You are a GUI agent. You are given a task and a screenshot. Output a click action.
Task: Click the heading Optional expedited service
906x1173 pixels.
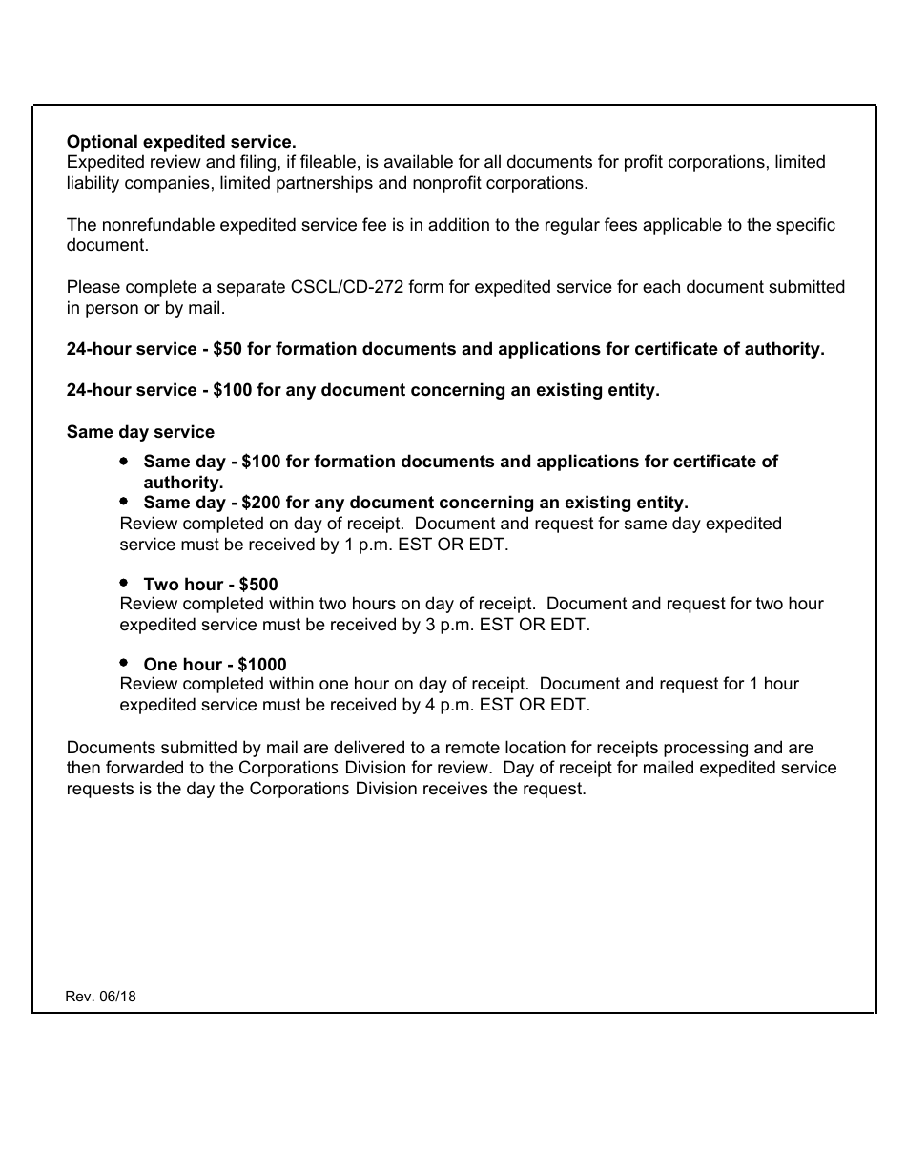tap(181, 142)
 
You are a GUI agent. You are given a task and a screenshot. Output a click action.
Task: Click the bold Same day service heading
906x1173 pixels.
tap(140, 432)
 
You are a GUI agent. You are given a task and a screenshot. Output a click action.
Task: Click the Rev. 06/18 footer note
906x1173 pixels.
tap(100, 997)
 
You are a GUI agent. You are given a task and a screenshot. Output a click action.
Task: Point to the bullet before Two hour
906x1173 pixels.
tap(124, 582)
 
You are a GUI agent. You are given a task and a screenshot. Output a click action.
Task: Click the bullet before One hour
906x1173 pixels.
tap(124, 662)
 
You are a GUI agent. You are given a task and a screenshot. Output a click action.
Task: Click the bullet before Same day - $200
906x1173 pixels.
tap(124, 501)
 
